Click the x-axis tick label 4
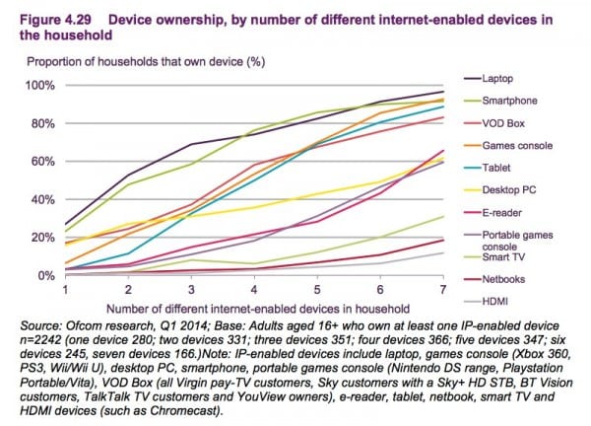tap(255, 293)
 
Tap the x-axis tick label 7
tap(441, 293)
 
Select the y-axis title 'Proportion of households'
tap(148, 60)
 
